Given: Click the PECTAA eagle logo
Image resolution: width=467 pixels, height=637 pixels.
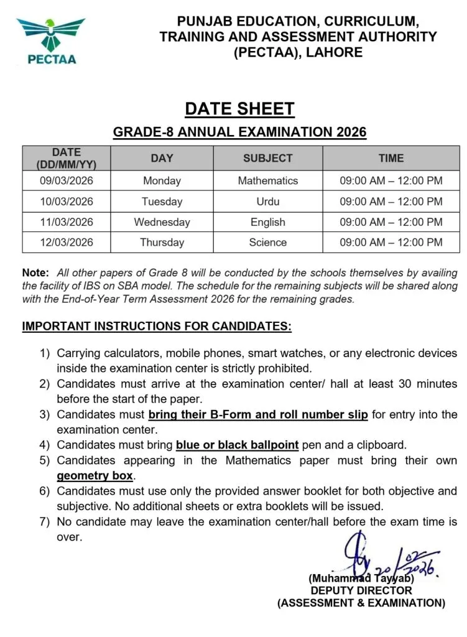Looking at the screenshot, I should tap(50, 39).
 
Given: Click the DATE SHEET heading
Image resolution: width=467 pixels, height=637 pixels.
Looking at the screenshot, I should tap(239, 109).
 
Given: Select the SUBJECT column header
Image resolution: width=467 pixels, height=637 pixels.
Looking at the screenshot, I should tap(267, 159).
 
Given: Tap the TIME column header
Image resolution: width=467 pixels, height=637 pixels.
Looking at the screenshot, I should tap(391, 159).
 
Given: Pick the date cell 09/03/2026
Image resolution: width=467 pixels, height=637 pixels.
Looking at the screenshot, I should tap(67, 181).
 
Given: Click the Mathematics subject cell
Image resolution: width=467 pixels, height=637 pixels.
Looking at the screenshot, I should tap(267, 181).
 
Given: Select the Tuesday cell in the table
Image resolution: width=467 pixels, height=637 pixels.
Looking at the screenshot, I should tap(162, 202).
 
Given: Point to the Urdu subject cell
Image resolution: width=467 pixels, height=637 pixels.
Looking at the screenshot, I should tap(267, 202).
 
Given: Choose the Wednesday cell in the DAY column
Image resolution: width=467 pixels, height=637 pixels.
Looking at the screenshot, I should tap(162, 222).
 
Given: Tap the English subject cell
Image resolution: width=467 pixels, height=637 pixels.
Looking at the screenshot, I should tap(267, 222).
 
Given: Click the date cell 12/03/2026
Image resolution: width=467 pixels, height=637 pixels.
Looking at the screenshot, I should tap(67, 243).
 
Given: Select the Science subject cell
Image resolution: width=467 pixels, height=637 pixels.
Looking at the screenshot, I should tap(267, 243).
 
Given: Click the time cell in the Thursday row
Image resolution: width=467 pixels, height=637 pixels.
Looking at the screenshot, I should tap(391, 243).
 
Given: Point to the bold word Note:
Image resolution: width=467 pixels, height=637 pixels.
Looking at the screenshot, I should tap(35, 273).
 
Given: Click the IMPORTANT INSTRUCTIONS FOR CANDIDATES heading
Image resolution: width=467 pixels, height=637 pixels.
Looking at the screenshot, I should tap(157, 327).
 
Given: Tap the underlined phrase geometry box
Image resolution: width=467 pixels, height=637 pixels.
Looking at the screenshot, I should tap(95, 476).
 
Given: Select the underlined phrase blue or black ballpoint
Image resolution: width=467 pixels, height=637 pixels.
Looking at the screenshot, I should tap(238, 445).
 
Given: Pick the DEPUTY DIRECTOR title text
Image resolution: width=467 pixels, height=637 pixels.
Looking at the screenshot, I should tap(361, 590).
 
